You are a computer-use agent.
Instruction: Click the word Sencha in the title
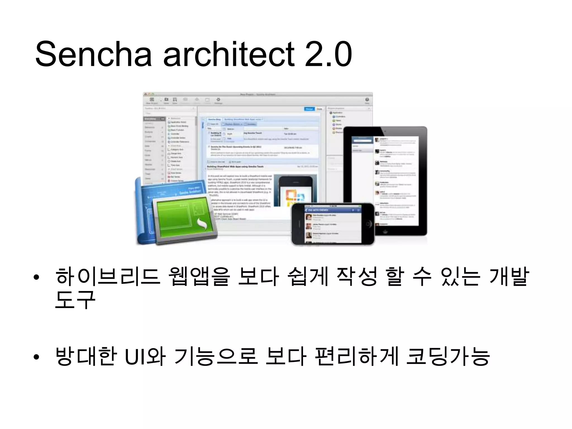click(x=93, y=54)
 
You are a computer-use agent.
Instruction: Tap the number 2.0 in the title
click(x=328, y=54)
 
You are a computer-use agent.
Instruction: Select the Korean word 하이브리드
click(x=108, y=277)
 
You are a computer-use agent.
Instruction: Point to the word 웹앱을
click(x=199, y=277)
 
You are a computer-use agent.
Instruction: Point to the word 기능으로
click(x=215, y=356)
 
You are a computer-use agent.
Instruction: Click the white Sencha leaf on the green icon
click(x=201, y=223)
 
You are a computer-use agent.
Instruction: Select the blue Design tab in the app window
click(x=309, y=109)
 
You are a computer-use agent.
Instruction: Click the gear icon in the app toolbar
click(x=218, y=100)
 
